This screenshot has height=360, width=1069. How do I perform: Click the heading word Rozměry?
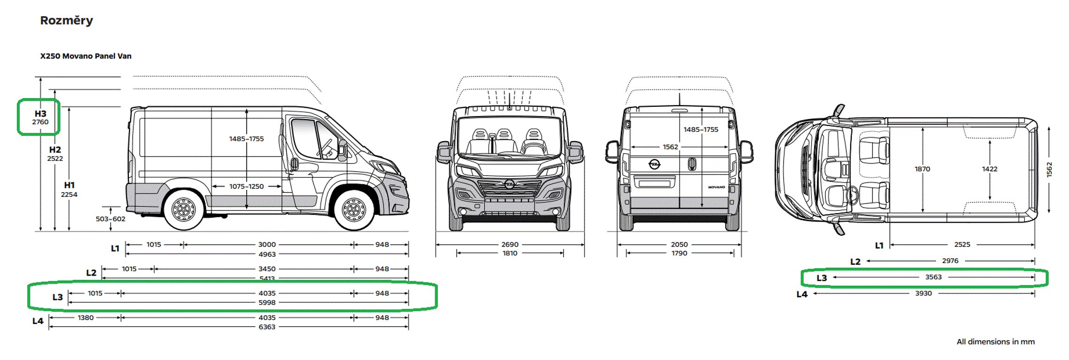[67, 21]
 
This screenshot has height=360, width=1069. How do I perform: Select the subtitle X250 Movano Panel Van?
[86, 56]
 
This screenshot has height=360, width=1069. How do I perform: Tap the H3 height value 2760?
[40, 122]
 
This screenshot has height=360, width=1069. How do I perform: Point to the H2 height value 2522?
[55, 158]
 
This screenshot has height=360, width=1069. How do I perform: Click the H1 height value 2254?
[69, 195]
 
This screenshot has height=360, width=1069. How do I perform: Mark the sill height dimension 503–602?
[111, 219]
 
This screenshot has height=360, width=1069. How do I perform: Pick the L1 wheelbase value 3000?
[267, 244]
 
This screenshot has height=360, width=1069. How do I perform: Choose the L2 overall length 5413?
[267, 278]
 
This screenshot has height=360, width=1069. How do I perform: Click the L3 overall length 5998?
[267, 302]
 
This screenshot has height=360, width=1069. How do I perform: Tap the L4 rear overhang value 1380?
[85, 317]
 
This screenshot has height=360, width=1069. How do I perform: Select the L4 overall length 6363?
[267, 327]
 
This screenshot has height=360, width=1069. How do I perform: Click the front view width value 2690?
[510, 244]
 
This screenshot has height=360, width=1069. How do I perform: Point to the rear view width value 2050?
[679, 244]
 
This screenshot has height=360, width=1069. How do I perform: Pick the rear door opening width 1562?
[670, 147]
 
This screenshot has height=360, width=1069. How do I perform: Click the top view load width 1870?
[922, 169]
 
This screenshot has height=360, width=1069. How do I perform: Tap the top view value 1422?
[990, 169]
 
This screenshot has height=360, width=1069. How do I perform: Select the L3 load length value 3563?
[933, 277]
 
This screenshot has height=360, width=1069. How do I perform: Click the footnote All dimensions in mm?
[995, 342]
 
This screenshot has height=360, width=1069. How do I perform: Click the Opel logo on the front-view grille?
[510, 184]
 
